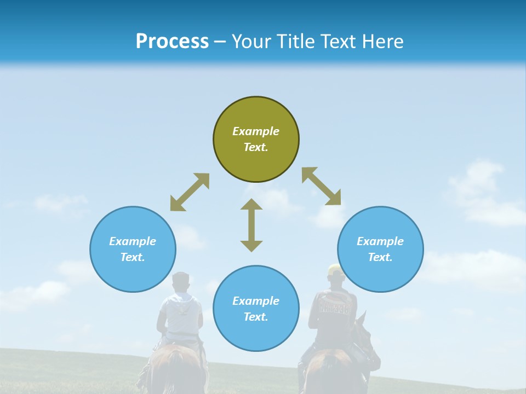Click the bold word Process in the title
click(x=172, y=41)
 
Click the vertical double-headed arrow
click(x=251, y=225)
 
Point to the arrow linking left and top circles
click(x=190, y=192)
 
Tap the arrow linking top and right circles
click(x=321, y=186)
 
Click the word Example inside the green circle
click(x=256, y=131)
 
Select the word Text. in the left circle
click(x=133, y=257)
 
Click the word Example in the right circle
click(x=380, y=241)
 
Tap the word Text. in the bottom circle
click(x=256, y=317)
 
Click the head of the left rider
click(x=180, y=282)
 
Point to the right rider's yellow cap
click(x=335, y=269)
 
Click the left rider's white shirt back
click(x=180, y=315)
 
